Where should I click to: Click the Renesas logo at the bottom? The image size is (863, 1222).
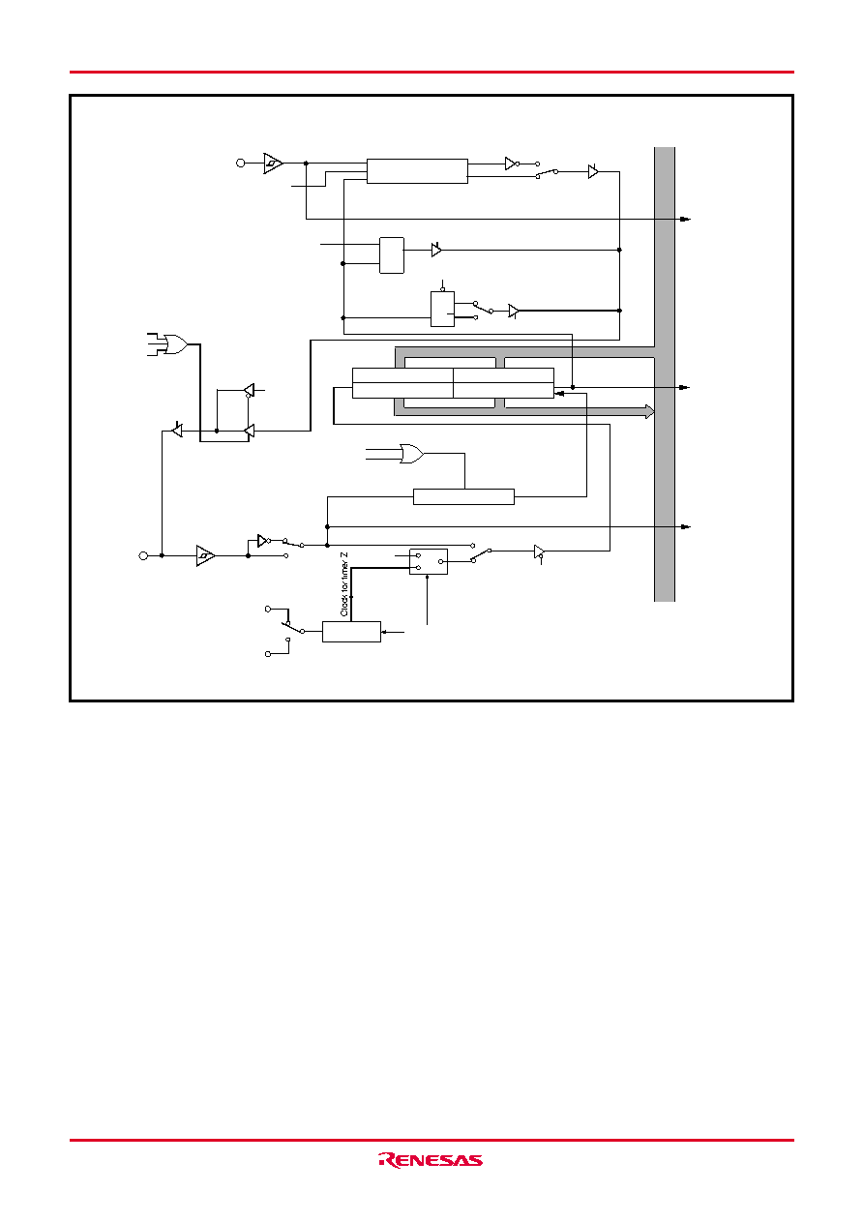tap(431, 1160)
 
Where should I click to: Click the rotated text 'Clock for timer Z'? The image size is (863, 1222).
tap(343, 584)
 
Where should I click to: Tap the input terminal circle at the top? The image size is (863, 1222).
tap(241, 164)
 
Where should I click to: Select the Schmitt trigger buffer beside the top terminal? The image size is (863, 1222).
tap(273, 164)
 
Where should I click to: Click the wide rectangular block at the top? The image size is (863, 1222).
tap(417, 171)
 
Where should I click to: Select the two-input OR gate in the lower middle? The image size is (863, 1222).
tap(411, 454)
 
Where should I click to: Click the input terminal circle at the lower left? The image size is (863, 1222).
tap(143, 556)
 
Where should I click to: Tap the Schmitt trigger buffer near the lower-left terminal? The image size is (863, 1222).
tap(205, 556)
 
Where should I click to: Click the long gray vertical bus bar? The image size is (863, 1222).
tap(665, 374)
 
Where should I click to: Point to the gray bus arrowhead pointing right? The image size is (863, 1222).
tap(650, 412)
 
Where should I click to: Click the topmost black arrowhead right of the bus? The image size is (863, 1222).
tap(685, 220)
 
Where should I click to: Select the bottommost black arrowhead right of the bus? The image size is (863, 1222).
tap(685, 527)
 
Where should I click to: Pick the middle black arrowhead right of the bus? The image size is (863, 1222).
tap(685, 387)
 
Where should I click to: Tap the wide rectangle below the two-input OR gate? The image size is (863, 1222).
tap(463, 497)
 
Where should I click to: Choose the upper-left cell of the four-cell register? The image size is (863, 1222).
tap(402, 375)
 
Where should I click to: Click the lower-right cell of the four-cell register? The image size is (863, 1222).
tap(503, 391)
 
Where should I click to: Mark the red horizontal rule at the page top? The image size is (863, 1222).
tap(431, 72)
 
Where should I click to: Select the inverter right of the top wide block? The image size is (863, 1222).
tap(511, 164)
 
